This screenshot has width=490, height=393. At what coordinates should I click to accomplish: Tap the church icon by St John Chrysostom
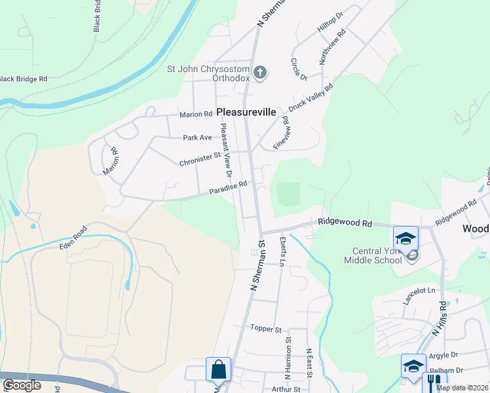tap(260, 71)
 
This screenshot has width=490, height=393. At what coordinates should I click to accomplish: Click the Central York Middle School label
tap(373, 255)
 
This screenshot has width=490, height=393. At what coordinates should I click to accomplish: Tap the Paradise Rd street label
tap(228, 188)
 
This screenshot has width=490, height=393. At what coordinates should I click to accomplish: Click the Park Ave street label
tap(197, 138)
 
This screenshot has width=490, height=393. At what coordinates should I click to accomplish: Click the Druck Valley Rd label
tap(311, 102)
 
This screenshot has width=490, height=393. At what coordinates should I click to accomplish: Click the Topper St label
tap(265, 328)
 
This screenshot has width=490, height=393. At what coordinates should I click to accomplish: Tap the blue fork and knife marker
tap(434, 383)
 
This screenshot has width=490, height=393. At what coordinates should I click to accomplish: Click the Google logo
tap(22, 385)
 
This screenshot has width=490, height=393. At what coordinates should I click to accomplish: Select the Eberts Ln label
tap(282, 252)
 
